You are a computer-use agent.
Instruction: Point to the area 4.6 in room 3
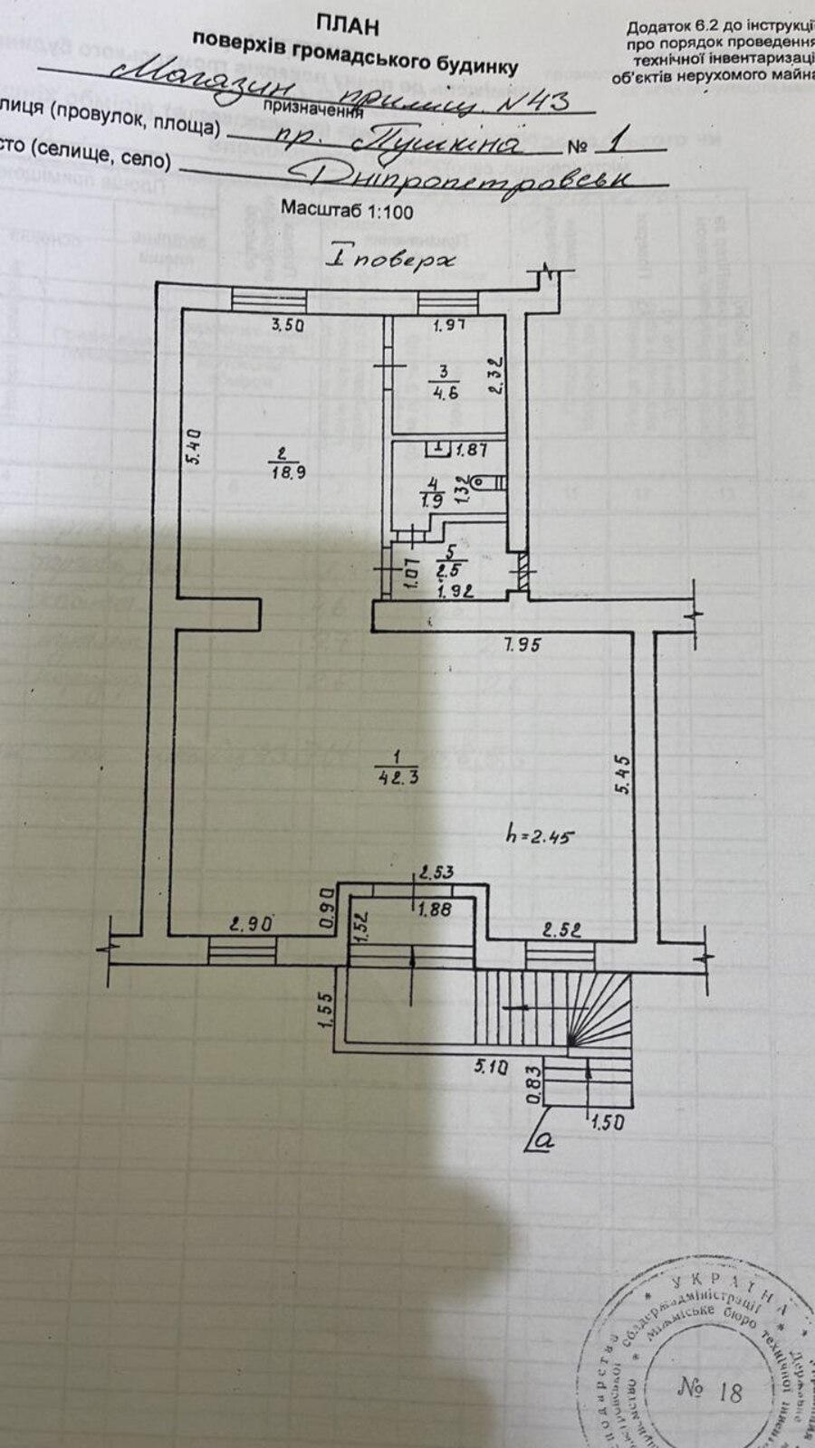click(x=443, y=392)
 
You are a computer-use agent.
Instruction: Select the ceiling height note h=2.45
click(x=541, y=835)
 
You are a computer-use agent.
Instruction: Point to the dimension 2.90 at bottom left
click(x=250, y=925)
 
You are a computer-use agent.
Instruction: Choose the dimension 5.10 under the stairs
click(x=490, y=1067)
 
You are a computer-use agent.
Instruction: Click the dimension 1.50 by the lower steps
click(x=608, y=1123)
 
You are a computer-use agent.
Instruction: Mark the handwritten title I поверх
click(x=391, y=258)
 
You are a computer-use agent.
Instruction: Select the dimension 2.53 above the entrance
click(x=435, y=873)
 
